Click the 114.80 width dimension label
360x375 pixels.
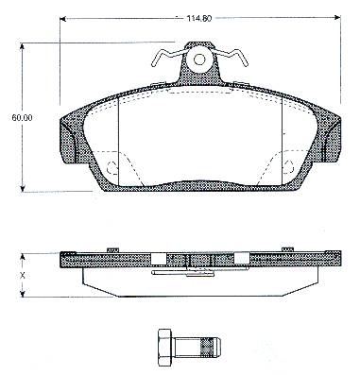click(x=199, y=18)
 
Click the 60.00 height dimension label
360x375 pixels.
click(x=22, y=118)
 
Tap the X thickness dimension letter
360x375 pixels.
click(x=22, y=276)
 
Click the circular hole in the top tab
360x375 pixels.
click(x=198, y=60)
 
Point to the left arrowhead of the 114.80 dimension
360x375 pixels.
click(x=62, y=19)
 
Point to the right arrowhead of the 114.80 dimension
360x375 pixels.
click(x=337, y=17)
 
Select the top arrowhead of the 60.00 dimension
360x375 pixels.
click(x=22, y=46)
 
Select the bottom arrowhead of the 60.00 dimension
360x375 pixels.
click(x=22, y=188)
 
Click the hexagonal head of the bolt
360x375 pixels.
click(x=164, y=348)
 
